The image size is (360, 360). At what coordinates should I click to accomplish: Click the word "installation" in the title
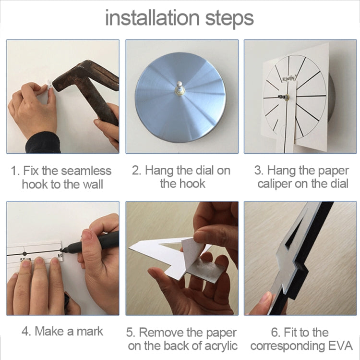coord(152,18)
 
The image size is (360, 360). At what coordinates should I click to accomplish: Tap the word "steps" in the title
coord(229,19)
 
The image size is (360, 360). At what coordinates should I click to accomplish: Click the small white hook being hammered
coord(49,86)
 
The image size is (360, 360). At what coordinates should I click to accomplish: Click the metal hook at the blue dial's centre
coord(180,88)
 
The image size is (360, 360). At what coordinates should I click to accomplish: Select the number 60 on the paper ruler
coord(60,255)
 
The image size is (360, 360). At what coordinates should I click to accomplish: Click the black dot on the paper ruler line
coord(24,253)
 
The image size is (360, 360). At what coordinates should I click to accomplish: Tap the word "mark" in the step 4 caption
coord(90,331)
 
